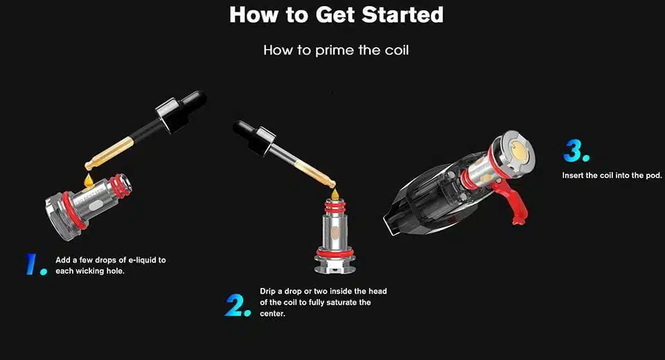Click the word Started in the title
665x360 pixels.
coord(402,15)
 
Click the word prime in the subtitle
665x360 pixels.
coord(335,51)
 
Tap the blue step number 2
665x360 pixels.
coord(238,305)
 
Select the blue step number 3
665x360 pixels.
coord(576,151)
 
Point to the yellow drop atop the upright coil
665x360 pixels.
coord(335,195)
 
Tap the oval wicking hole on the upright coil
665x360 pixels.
coord(335,232)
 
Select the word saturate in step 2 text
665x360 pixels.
coord(342,303)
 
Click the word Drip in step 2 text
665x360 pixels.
coord(267,291)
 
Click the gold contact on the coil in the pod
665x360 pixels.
coord(518,150)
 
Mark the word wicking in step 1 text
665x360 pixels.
coord(90,271)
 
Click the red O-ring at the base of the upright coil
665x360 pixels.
coord(335,253)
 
